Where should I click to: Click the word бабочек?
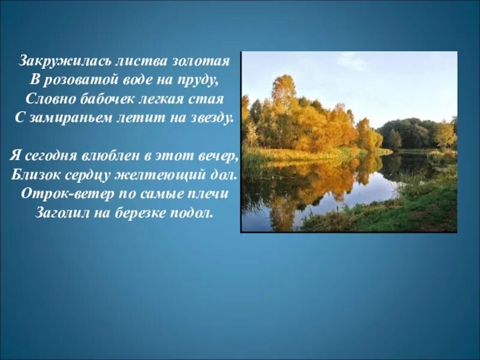(98, 98)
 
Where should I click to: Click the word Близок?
(37, 175)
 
